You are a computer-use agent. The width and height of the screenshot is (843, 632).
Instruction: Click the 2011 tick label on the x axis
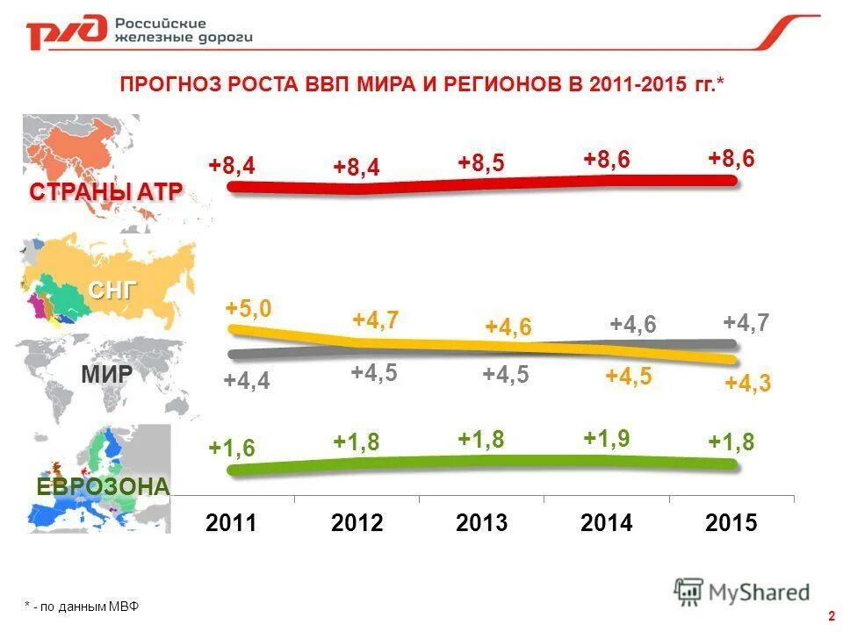(x=232, y=523)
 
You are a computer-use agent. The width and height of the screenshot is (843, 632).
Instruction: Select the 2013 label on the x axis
(x=482, y=523)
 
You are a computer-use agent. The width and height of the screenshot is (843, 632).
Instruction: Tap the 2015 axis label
(x=731, y=523)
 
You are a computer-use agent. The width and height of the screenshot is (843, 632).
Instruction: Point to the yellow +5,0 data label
(x=248, y=308)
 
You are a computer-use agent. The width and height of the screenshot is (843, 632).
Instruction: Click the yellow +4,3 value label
(x=747, y=384)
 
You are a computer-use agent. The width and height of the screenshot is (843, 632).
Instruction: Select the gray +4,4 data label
(x=247, y=381)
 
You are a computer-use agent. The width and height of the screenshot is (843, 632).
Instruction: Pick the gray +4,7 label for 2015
(x=746, y=322)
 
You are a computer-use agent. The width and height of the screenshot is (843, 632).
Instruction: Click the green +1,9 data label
(x=607, y=438)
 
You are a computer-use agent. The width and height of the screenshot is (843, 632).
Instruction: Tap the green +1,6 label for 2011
(x=232, y=448)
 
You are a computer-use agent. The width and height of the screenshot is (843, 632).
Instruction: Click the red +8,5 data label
(x=481, y=162)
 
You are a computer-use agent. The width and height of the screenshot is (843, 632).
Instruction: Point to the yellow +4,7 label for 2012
(x=376, y=320)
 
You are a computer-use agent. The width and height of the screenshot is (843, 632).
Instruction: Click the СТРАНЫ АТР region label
(x=105, y=192)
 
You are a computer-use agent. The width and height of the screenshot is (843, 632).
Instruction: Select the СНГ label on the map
(x=112, y=291)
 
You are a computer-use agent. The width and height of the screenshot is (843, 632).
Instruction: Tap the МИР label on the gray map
(x=107, y=375)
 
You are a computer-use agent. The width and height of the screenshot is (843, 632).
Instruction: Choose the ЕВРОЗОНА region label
(x=103, y=486)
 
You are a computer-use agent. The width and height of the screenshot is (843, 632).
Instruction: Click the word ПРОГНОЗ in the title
(x=169, y=84)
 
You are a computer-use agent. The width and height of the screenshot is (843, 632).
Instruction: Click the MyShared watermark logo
(x=742, y=592)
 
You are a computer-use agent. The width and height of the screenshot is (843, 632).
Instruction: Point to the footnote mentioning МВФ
(x=82, y=607)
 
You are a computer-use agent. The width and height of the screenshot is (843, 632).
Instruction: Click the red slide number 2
(x=830, y=614)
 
